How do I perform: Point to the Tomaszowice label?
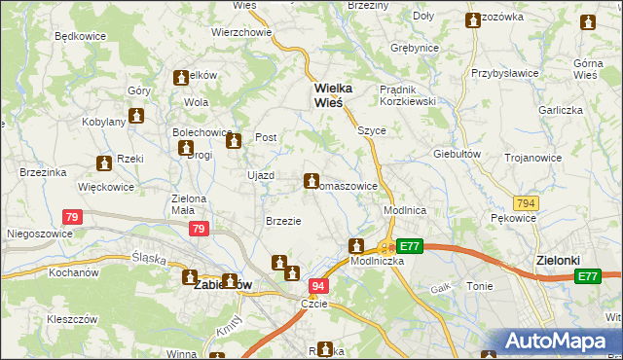pos(343,186)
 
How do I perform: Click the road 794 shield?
pos(527,203)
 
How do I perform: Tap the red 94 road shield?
pos(318,286)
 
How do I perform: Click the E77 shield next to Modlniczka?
pos(410,247)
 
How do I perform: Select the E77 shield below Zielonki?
pos(587,277)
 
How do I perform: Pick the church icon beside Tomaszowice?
pos(311,180)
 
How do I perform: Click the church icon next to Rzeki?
pos(103,164)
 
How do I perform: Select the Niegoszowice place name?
pos(40,234)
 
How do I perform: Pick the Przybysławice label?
pos(505,72)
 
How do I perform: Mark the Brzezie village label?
pos(283,221)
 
